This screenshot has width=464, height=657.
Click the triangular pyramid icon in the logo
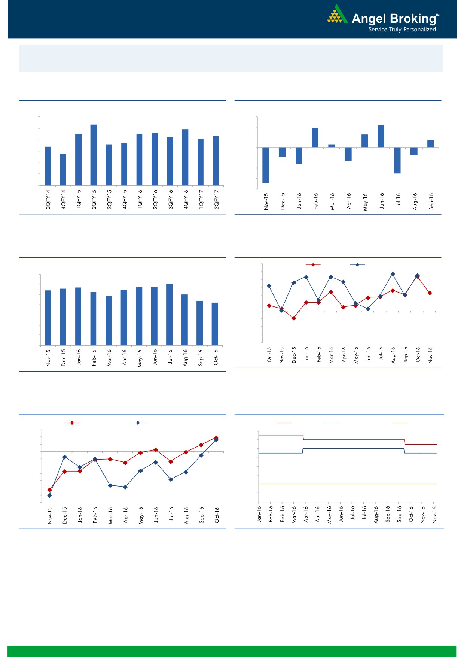pos(337,15)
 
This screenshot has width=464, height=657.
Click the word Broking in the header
pos(412,18)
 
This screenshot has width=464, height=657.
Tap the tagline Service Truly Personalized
pos(402,30)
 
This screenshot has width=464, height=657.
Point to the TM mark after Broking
pos(438,15)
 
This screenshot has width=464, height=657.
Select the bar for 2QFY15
pos(94,155)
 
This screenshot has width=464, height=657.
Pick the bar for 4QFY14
pos(63,169)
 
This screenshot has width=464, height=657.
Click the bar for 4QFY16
pos(185,157)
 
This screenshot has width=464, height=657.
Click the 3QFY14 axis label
pos(48,199)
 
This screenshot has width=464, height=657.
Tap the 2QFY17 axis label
pos(216,199)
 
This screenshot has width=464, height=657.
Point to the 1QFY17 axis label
pos(201,199)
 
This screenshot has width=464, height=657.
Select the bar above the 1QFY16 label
pos(139,159)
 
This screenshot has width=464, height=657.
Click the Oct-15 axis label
pos(269,355)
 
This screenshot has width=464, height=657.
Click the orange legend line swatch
pos(399,423)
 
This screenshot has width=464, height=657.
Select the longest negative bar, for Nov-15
pos(266,165)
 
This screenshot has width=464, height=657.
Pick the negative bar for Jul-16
pos(397,160)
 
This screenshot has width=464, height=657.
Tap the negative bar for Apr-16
pos(348,154)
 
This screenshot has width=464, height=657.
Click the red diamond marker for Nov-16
pos(430,293)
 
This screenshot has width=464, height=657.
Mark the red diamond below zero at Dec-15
pos(294,318)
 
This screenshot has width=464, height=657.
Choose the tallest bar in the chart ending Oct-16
pos(170,314)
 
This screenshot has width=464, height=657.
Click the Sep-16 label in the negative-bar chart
pos(431,201)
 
